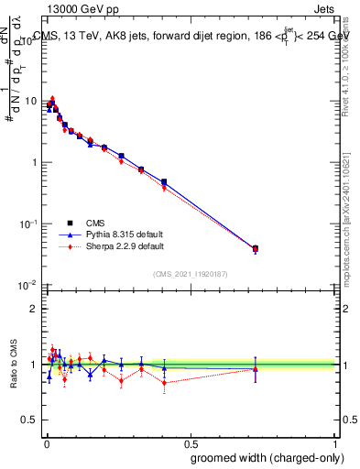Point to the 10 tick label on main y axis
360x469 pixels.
[30, 101]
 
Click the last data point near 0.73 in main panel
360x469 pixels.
[256, 248]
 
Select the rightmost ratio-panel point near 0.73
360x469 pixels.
[256, 369]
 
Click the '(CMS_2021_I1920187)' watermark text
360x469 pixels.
[191, 274]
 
